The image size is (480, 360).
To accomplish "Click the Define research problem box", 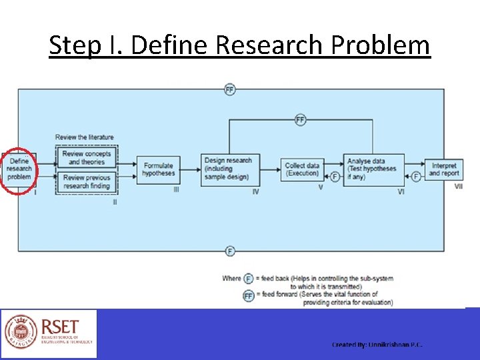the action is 19,169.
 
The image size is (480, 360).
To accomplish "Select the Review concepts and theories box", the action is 86,157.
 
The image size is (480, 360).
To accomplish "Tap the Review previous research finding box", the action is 86,181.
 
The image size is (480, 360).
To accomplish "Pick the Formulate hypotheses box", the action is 157,169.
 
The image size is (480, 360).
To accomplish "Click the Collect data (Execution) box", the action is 302,169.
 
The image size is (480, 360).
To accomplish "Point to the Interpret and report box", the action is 443,169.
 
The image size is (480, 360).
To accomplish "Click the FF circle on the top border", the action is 230,89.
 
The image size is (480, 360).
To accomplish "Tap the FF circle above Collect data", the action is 300,120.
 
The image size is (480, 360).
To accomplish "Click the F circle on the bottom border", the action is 230,251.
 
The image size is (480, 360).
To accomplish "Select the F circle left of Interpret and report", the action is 416,177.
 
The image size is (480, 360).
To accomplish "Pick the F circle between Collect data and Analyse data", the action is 335,177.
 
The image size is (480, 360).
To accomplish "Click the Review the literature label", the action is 84,137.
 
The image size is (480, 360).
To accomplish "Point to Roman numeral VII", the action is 458,187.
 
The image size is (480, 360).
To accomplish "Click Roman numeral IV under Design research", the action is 255,192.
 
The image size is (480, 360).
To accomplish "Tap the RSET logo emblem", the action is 21,333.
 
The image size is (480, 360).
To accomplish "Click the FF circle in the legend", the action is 248,295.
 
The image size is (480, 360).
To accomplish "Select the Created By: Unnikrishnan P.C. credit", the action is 377,345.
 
